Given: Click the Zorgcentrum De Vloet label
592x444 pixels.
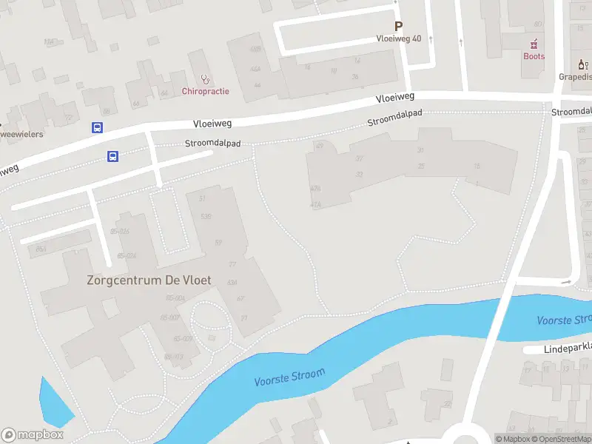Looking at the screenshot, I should pyautogui.click(x=149, y=280).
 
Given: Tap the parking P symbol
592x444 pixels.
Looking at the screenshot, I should pyautogui.click(x=398, y=26).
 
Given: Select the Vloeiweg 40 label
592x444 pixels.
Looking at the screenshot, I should pyautogui.click(x=398, y=38).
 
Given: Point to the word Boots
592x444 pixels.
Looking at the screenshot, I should pyautogui.click(x=534, y=56).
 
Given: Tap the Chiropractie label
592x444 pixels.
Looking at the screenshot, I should pyautogui.click(x=205, y=91).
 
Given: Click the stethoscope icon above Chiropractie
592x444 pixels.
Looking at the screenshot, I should pyautogui.click(x=205, y=78).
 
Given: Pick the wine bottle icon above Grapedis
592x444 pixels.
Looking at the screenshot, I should pyautogui.click(x=582, y=64).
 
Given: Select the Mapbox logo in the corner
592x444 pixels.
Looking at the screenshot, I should pyautogui.click(x=33, y=435).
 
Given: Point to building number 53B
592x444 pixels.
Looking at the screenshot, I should pyautogui.click(x=207, y=216).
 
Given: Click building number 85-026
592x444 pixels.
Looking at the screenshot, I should pyautogui.click(x=119, y=232).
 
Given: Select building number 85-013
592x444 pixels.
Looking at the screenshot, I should pyautogui.click(x=173, y=357).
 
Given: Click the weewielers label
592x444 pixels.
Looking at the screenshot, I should pyautogui.click(x=21, y=134).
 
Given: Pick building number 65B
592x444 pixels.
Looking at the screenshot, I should pyautogui.click(x=256, y=50).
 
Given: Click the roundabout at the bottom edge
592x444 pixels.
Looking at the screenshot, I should pyautogui.click(x=468, y=437).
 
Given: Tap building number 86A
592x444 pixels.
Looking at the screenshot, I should pyautogui.click(x=41, y=249).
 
